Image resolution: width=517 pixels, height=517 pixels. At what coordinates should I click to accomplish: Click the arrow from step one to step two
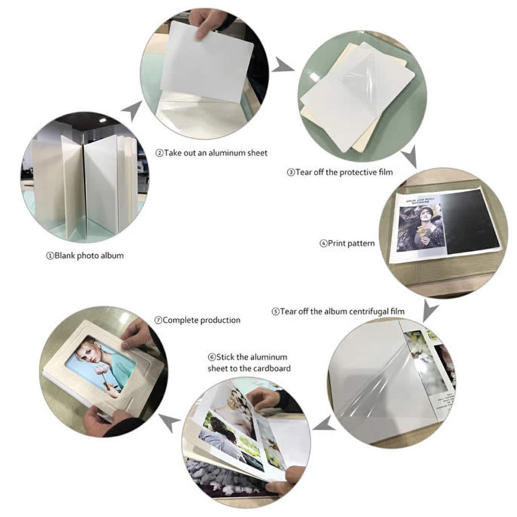(132, 110)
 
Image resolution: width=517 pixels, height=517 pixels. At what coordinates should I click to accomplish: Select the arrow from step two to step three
(283, 65)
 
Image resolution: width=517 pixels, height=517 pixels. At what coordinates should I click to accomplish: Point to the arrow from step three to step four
(409, 158)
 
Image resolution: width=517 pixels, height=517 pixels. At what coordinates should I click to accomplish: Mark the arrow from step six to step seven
(169, 422)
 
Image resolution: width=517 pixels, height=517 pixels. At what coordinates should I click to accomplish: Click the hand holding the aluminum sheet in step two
(208, 21)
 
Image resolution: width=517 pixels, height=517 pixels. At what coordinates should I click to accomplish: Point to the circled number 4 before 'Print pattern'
(323, 244)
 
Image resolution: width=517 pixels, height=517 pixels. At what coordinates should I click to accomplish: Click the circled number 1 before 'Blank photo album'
(50, 256)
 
